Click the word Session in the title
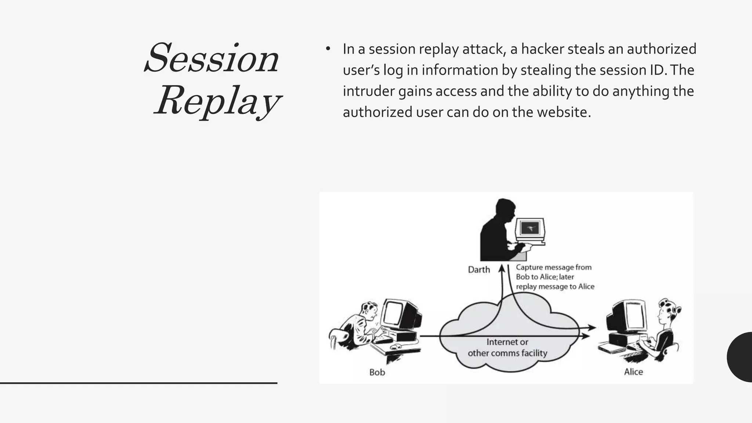click(x=212, y=59)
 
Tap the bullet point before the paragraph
click(x=328, y=49)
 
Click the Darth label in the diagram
click(x=479, y=270)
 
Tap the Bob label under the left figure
click(x=377, y=372)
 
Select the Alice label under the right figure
click(x=633, y=372)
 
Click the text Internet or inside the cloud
click(x=507, y=342)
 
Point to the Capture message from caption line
click(x=553, y=267)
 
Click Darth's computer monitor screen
click(x=530, y=228)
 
